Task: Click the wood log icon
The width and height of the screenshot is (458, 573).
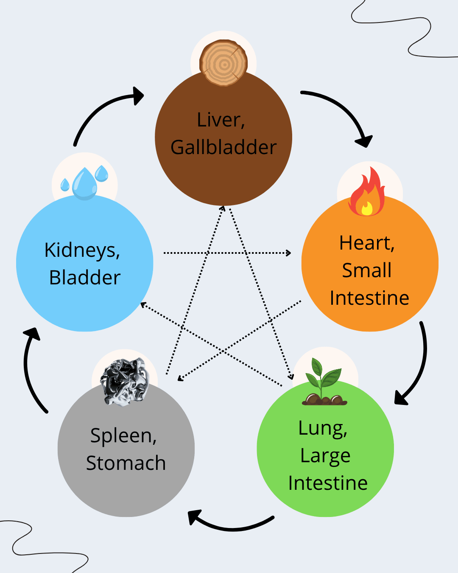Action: point(223,63)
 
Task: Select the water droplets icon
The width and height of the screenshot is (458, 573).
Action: point(85,183)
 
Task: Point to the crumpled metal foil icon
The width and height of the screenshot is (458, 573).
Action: point(125,381)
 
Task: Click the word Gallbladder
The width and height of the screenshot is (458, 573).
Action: point(223,148)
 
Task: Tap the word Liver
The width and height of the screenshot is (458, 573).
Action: point(221,120)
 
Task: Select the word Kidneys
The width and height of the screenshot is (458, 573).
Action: point(82,250)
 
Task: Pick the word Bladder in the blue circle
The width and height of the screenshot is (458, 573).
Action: point(85,278)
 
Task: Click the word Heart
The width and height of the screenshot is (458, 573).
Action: point(367,243)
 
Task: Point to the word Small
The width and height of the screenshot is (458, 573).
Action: point(367,270)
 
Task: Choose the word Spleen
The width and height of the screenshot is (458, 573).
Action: point(123,436)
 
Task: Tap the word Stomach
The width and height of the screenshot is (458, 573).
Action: point(126,463)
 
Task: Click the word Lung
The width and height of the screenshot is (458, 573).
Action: point(323,429)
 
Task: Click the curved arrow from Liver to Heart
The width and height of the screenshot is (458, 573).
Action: point(339,110)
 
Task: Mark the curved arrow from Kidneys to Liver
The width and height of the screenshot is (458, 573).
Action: point(102,110)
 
